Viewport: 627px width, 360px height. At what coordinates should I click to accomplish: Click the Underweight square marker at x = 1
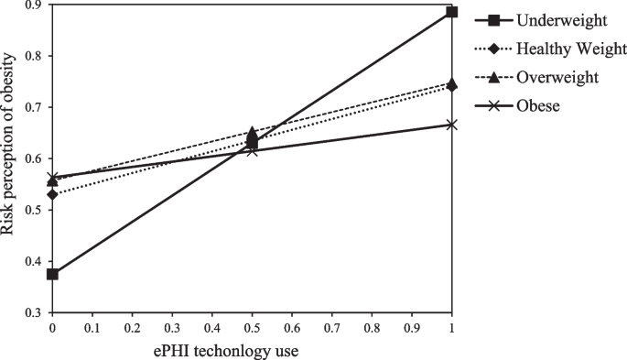point(451,12)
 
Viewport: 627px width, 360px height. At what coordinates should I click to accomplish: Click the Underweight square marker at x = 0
point(52,274)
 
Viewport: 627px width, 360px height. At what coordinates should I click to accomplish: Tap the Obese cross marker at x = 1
point(451,125)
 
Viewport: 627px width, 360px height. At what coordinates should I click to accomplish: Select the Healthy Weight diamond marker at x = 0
point(52,194)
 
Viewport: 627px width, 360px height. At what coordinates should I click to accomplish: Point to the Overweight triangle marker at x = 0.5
point(252,133)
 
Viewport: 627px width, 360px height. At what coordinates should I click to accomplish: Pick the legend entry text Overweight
point(557,78)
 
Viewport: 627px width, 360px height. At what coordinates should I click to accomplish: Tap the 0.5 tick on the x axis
point(252,326)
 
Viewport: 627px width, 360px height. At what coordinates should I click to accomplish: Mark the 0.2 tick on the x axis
point(132,326)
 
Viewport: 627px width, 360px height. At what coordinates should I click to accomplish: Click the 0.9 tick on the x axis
point(412,326)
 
